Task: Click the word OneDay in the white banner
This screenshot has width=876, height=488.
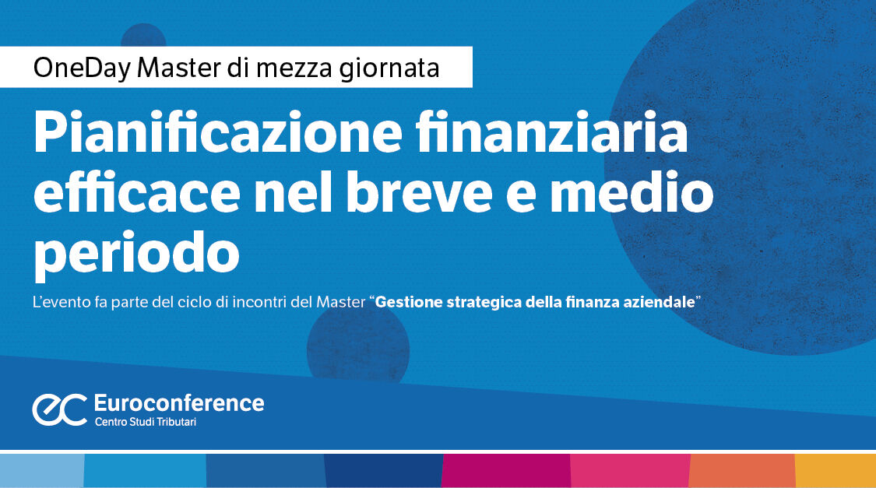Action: [81, 68]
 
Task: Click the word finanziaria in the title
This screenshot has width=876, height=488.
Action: [572, 135]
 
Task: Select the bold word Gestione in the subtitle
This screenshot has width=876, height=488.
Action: [409, 302]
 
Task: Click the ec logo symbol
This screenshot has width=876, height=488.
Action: [59, 409]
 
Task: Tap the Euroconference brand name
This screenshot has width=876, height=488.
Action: [178, 402]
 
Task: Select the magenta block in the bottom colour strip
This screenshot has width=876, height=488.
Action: [505, 470]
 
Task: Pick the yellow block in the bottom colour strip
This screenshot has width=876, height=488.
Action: [835, 470]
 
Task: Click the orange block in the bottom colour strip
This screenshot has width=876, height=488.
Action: [742, 470]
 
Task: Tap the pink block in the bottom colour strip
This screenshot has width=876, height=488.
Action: [630, 470]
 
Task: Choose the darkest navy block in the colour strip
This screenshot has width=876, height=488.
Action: [383, 470]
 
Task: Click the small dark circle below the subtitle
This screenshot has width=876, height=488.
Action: [358, 342]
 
